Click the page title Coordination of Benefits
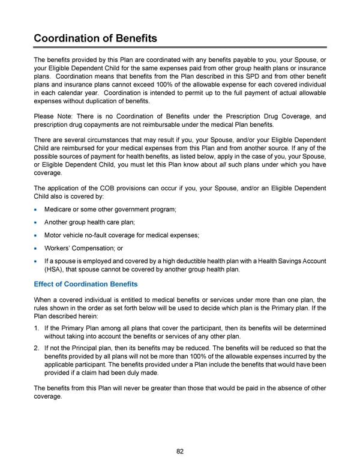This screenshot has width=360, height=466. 95,38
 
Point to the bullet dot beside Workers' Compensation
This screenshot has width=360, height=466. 37,247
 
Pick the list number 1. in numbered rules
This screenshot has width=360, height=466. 37,328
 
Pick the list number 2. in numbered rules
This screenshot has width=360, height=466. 37,348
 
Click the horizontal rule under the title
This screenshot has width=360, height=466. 180,47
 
